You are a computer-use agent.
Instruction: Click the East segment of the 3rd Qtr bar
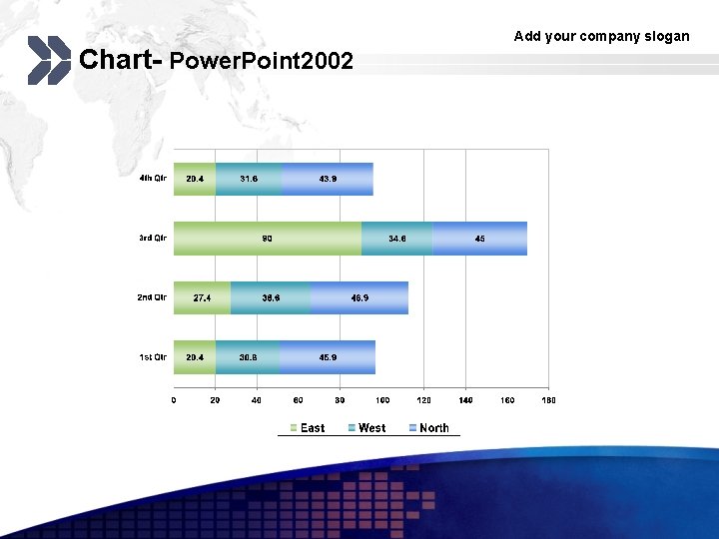click(x=268, y=239)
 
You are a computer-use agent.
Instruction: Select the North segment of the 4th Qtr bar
click(x=328, y=179)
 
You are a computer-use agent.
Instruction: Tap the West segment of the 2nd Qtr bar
click(x=271, y=297)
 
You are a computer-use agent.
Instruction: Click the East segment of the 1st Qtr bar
click(x=195, y=357)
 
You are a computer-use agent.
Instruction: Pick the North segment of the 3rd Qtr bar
click(x=479, y=239)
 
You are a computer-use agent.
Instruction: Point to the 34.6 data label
click(x=397, y=239)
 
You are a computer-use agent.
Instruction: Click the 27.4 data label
click(x=202, y=297)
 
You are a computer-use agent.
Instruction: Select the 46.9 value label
click(x=359, y=297)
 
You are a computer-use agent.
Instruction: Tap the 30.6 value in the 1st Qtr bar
click(x=248, y=357)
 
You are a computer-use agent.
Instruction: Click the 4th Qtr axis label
click(x=153, y=179)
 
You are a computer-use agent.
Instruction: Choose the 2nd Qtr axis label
click(x=152, y=297)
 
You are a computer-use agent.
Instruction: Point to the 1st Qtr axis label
click(x=153, y=357)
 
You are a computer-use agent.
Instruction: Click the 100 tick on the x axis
click(x=382, y=400)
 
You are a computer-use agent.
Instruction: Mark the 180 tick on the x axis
click(x=548, y=400)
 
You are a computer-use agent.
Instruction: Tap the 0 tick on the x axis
click(x=174, y=400)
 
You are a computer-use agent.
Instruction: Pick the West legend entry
click(x=366, y=428)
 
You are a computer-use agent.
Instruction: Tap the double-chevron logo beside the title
click(x=48, y=60)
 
